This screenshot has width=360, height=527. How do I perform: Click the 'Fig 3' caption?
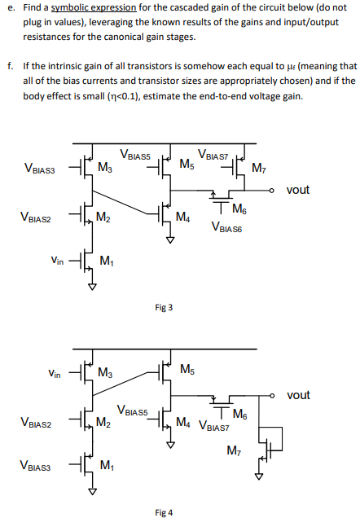[164, 307]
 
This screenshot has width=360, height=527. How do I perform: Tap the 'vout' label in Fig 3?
[298, 190]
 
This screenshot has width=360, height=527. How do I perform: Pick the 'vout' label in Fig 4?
[298, 395]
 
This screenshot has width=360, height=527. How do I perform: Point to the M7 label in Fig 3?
[259, 169]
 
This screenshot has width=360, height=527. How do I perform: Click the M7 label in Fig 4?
[234, 450]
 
